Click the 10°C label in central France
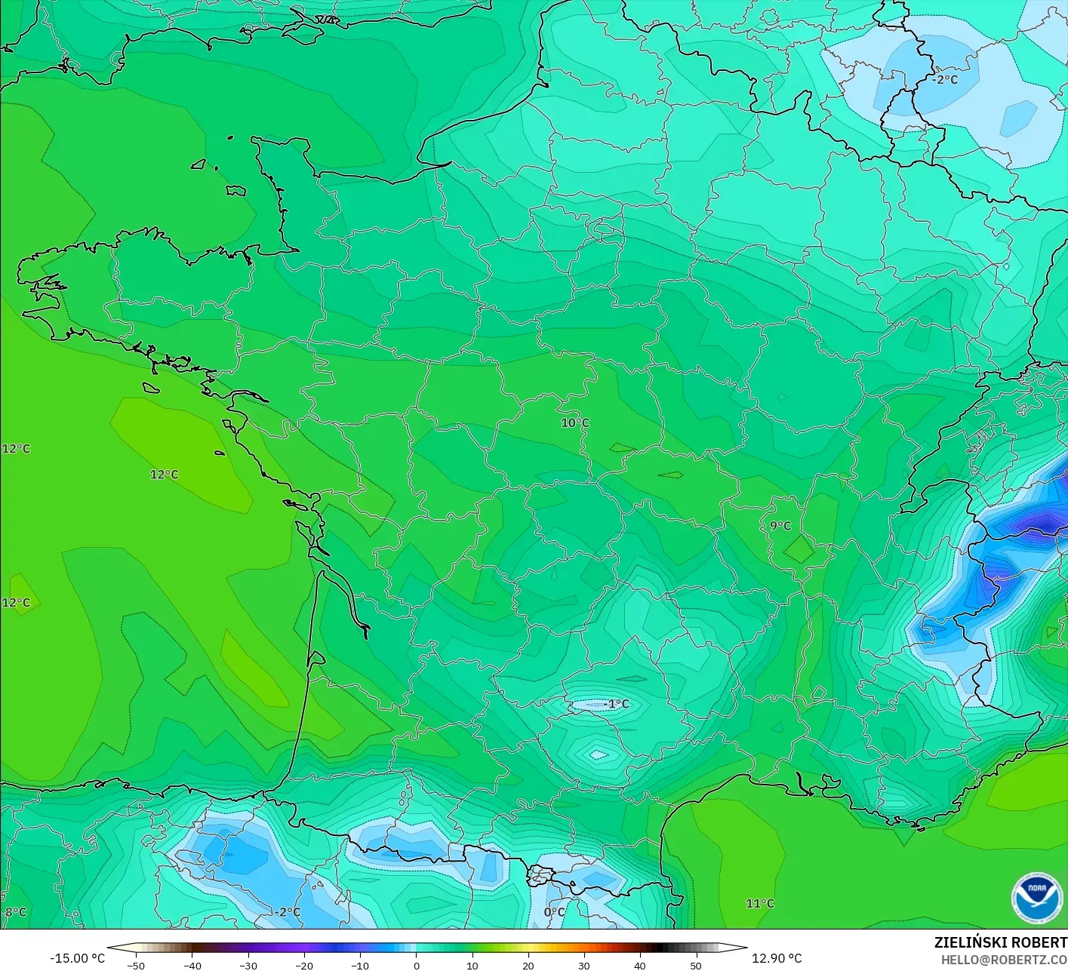pyautogui.click(x=574, y=423)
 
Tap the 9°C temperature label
pyautogui.click(x=780, y=526)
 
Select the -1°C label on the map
pyautogui.click(x=616, y=704)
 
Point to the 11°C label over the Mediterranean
pyautogui.click(x=759, y=903)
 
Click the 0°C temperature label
pyautogui.click(x=554, y=911)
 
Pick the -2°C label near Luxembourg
pyautogui.click(x=944, y=79)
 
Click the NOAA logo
pyautogui.click(x=1038, y=898)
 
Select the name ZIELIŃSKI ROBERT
pyautogui.click(x=1000, y=942)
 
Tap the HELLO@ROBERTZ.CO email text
pyautogui.click(x=1004, y=960)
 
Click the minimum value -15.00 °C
pyautogui.click(x=77, y=958)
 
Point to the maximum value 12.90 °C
pyautogui.click(x=777, y=958)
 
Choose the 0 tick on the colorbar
pyautogui.click(x=417, y=965)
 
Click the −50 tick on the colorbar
pyautogui.click(x=136, y=965)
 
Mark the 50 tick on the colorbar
pyautogui.click(x=696, y=965)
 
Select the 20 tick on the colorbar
pyautogui.click(x=528, y=965)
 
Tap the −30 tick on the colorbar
pyautogui.click(x=248, y=965)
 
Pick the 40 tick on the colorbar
pyautogui.click(x=640, y=965)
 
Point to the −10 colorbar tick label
pyautogui.click(x=359, y=965)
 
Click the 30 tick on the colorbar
pyautogui.click(x=584, y=965)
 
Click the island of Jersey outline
pyautogui.click(x=236, y=191)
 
